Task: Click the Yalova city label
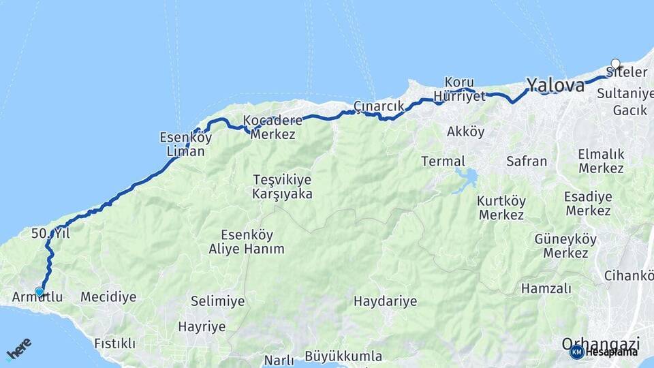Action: click(555, 86)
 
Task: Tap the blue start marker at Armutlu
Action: click(40, 292)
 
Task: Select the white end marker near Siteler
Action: click(616, 64)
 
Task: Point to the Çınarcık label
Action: click(379, 106)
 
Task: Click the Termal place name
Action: click(443, 162)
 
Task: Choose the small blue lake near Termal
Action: click(467, 179)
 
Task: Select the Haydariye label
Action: click(386, 301)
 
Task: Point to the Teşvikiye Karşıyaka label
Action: click(282, 187)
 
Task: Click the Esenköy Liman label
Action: click(182, 144)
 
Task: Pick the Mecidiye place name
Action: click(108, 297)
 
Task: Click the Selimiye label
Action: click(217, 301)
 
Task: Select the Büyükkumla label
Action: click(343, 356)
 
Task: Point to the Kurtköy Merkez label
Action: click(501, 208)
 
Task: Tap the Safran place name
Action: click(527, 162)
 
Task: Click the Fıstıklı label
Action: click(115, 343)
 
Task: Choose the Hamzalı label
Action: click(546, 288)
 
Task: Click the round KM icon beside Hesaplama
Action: click(577, 352)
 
